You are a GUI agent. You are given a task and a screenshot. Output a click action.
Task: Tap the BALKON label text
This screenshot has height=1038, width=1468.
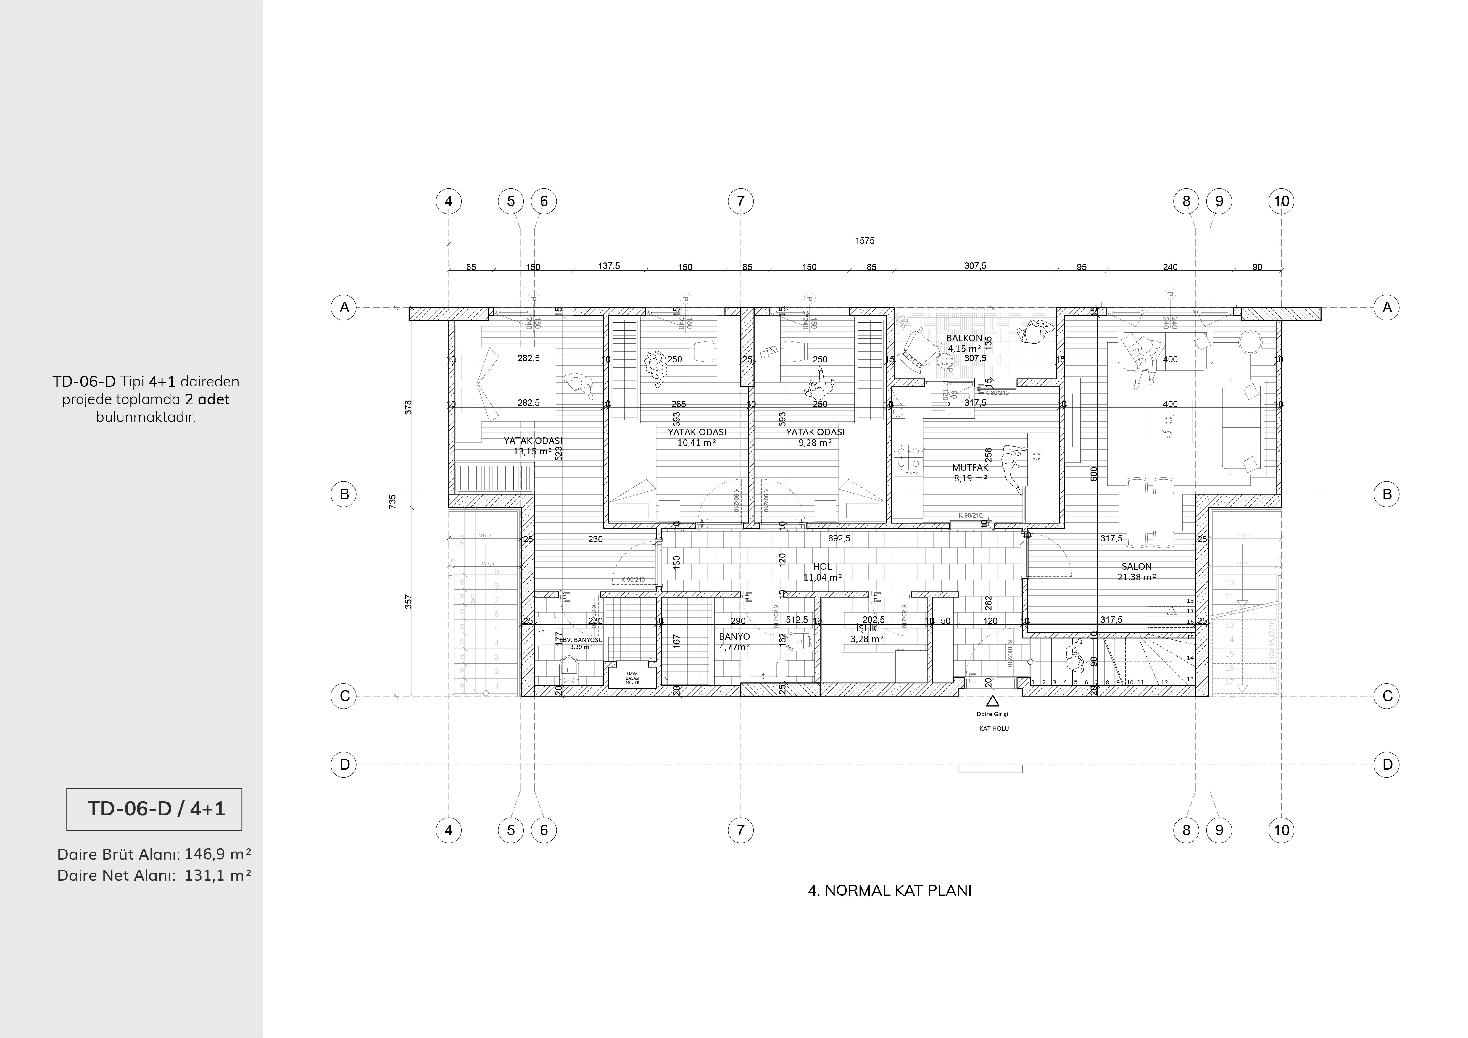(x=964, y=338)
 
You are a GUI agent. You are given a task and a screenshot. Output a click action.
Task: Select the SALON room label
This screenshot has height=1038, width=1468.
(x=1136, y=566)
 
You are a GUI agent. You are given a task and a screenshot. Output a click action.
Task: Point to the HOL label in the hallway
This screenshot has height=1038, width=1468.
(x=822, y=566)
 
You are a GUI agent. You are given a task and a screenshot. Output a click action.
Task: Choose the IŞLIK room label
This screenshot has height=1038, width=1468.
(x=867, y=628)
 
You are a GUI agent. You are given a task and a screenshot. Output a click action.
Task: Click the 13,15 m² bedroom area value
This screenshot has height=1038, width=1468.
(x=532, y=451)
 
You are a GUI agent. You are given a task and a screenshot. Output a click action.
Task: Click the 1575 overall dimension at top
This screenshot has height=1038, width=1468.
(x=864, y=241)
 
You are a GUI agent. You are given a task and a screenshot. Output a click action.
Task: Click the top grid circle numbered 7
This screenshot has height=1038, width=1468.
(x=740, y=201)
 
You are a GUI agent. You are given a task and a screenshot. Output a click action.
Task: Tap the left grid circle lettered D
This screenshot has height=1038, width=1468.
(x=344, y=764)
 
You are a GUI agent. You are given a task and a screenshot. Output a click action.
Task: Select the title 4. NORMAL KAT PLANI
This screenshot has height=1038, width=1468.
(x=889, y=890)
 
